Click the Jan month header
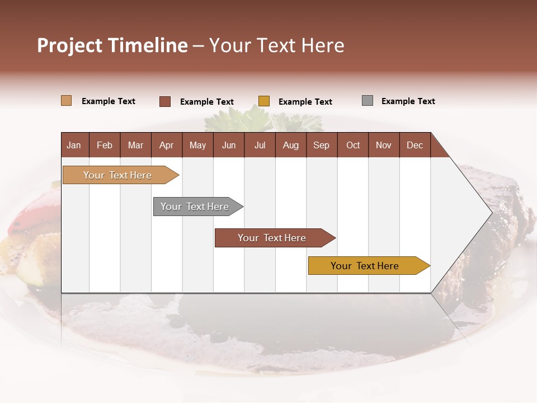point(74,145)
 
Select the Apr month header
point(167,145)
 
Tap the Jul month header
point(260,145)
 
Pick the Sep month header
point(321,145)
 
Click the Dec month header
point(414,145)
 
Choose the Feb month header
point(105,145)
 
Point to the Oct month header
point(353,145)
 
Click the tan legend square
point(67,101)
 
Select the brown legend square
point(165,101)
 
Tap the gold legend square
point(264,101)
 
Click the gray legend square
point(368,101)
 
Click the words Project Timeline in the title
point(112,45)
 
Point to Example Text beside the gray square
point(408,101)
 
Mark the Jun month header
point(229,145)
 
